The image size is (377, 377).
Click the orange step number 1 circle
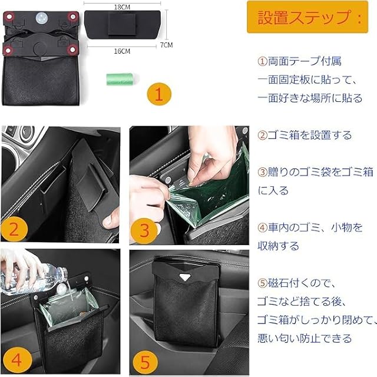pos(159,94)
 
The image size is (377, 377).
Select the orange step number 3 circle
pos(144,230)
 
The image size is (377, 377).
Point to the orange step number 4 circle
pos(16,360)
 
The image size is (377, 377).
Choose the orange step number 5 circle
pos(145,362)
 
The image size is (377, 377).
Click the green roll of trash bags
pos(120,79)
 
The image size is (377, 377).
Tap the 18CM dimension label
pos(122,7)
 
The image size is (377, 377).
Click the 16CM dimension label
pos(122,51)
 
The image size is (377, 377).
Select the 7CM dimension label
pos(166,45)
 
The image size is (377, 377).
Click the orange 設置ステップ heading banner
pos(307,17)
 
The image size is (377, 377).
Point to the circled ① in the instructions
pos(262,61)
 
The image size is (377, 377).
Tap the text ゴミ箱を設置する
pos(310,135)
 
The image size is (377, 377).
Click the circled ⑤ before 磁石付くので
pos(262,283)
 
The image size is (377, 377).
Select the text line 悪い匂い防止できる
pos(305,338)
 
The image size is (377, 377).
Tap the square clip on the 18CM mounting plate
pos(122,24)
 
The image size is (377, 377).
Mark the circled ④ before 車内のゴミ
pos(262,227)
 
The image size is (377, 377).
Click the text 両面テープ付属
pos(305,61)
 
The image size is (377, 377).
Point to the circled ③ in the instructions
pos(262,172)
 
